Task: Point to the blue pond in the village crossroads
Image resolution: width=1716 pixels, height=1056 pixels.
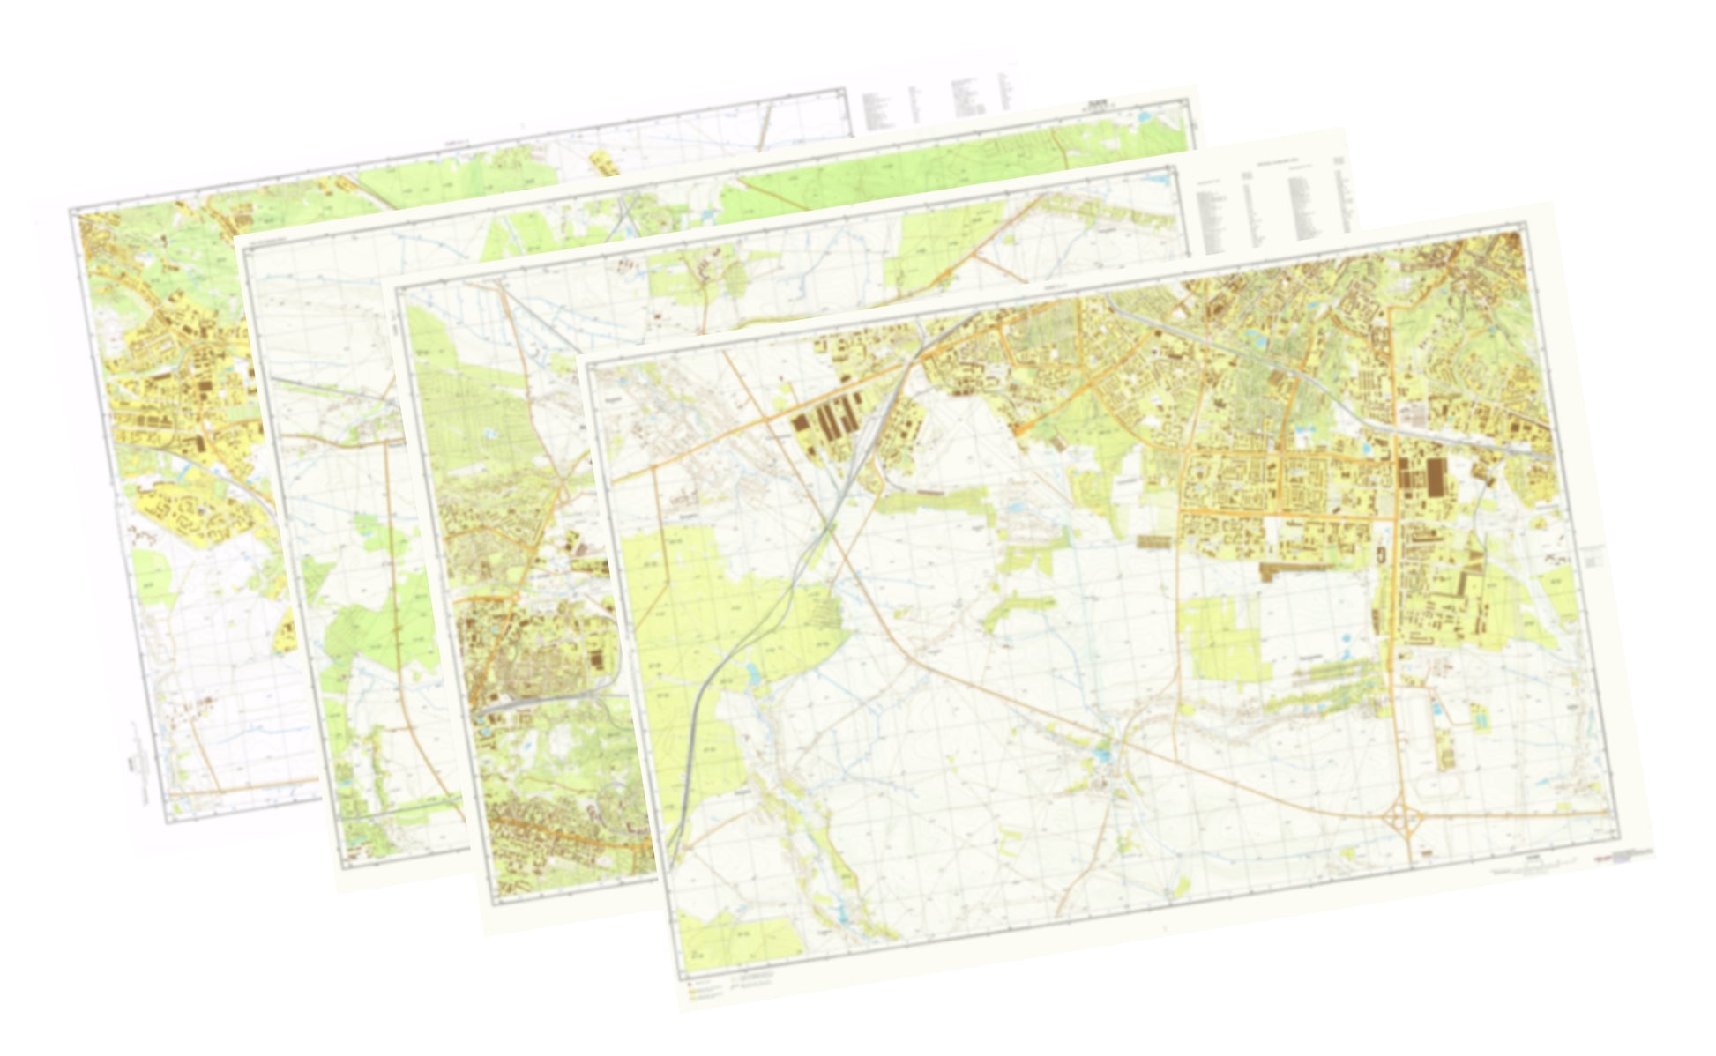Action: (1104, 755)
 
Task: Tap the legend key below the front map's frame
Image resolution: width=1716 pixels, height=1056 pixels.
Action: (705, 988)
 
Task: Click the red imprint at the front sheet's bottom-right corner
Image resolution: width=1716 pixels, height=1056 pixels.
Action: (1615, 857)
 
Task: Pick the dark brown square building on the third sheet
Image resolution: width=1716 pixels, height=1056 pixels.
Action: (600, 660)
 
